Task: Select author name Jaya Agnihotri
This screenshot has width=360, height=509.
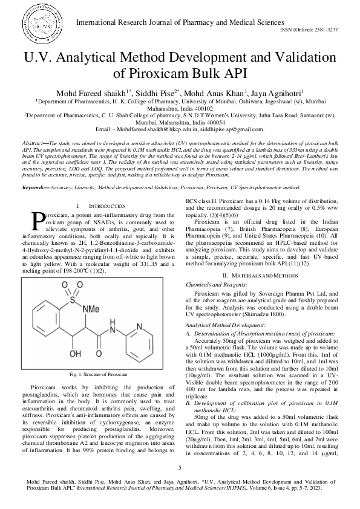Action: click(x=281, y=92)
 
